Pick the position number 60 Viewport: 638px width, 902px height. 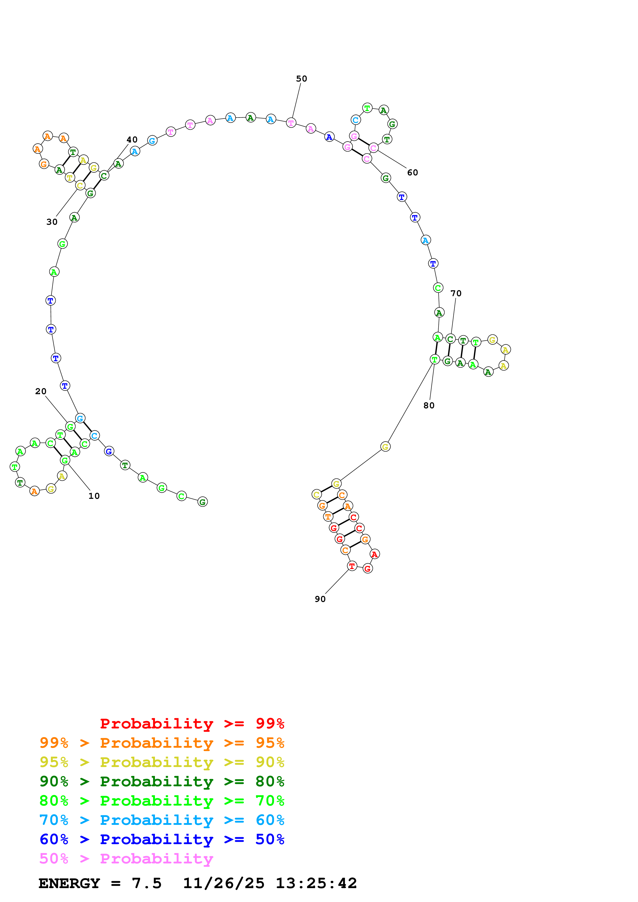(x=412, y=173)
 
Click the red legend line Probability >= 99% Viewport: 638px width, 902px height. (x=192, y=724)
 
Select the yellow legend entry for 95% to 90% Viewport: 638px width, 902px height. (x=162, y=762)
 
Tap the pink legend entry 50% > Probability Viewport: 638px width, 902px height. (x=126, y=858)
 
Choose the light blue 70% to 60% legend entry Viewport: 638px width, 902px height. (x=162, y=820)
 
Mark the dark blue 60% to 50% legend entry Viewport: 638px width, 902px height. (x=162, y=839)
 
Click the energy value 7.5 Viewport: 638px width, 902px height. (x=146, y=883)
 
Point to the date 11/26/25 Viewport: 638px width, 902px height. (x=223, y=883)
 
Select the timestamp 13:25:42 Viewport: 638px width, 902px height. (x=316, y=883)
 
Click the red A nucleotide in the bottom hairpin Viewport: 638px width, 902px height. (x=375, y=554)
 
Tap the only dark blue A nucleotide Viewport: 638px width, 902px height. (x=329, y=137)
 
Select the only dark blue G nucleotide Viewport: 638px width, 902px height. (x=109, y=452)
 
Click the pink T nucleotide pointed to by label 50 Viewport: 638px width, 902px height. (x=291, y=123)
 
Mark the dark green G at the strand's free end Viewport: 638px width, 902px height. (x=203, y=502)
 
